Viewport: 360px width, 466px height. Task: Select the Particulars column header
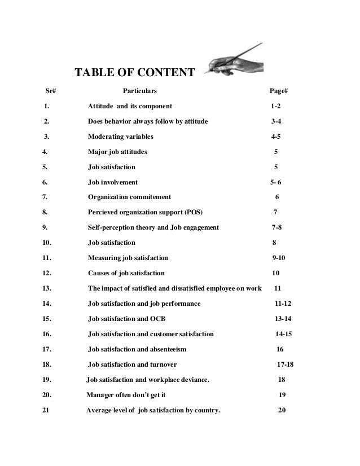[x=140, y=90]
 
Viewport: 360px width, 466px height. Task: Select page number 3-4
[x=276, y=121]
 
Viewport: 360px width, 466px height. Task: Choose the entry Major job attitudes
[x=118, y=152]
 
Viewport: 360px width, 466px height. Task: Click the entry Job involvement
[x=112, y=182]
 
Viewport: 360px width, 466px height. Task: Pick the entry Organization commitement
[x=129, y=197]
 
